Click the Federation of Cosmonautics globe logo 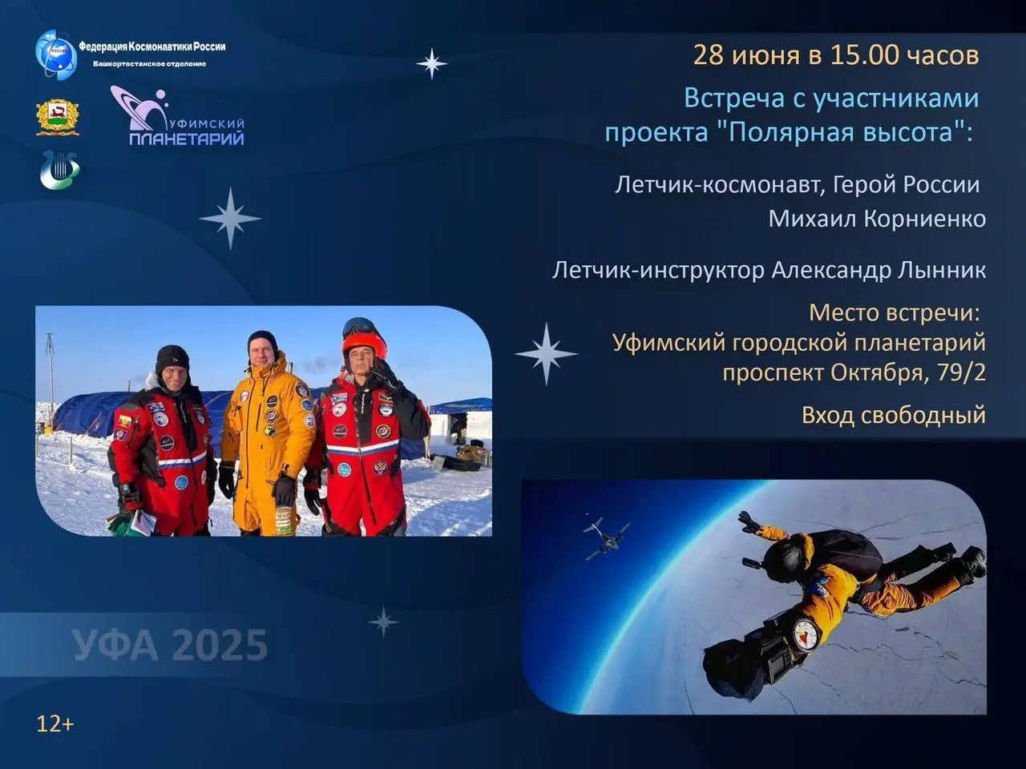coord(57,54)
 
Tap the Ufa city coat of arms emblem coord(58,118)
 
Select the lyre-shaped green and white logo coord(60,170)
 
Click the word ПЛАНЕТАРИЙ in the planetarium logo coord(187,139)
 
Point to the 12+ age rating coord(55,724)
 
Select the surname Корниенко coord(924,219)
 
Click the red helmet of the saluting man coord(364,343)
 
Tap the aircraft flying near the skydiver coord(606,538)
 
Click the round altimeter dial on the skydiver coord(807,635)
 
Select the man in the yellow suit coord(267,434)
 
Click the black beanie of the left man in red coord(172,359)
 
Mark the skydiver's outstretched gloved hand coord(749,522)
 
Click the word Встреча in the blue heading coord(734,99)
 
